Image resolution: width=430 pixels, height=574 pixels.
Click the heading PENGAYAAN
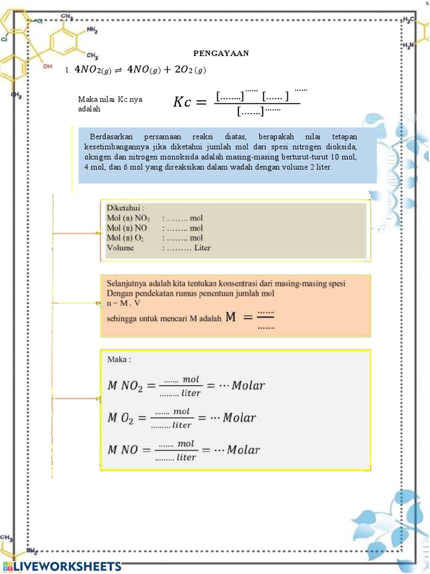click(221, 53)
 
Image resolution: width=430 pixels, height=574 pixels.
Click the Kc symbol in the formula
click(185, 102)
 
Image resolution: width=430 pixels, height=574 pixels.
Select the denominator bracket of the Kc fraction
click(250, 113)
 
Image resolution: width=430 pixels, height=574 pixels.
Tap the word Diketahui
click(125, 207)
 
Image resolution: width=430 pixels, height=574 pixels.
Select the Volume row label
click(120, 248)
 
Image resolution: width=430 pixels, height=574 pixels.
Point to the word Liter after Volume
click(202, 248)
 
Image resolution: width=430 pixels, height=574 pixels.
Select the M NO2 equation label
click(125, 386)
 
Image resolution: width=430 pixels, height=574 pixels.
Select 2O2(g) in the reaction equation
click(190, 70)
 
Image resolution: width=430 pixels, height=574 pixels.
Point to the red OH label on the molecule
click(48, 66)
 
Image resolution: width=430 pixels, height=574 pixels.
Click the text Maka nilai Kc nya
click(110, 99)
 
